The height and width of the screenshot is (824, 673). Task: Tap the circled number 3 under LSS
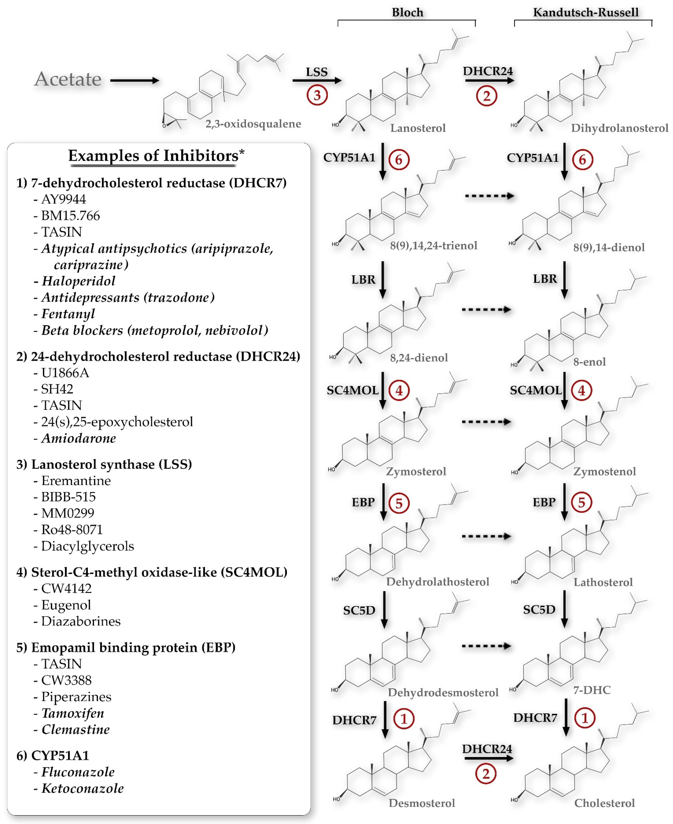click(x=317, y=95)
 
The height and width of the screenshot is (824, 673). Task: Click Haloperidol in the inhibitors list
click(x=78, y=281)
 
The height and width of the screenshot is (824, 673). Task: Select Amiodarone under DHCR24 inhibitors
click(x=79, y=438)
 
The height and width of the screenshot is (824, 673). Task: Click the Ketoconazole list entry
click(x=83, y=788)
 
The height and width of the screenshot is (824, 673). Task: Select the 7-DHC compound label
click(x=592, y=690)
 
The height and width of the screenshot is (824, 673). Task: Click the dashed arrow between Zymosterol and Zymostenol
click(x=486, y=422)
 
